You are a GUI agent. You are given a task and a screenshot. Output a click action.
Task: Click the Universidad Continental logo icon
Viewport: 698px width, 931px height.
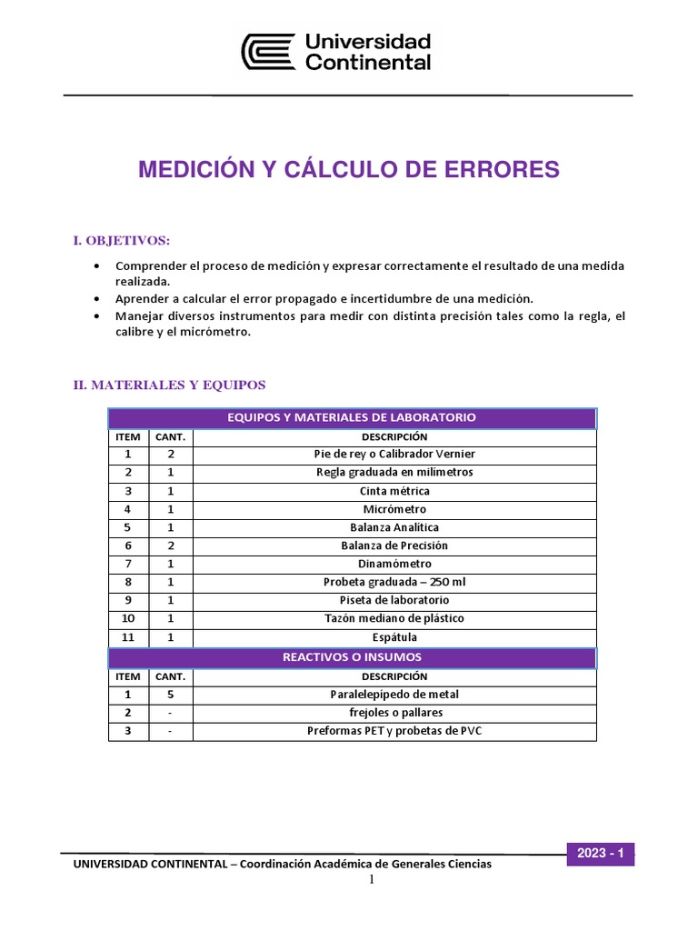pos(268,52)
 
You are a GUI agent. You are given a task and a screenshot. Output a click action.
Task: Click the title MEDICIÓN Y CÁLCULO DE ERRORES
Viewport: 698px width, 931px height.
pos(349,170)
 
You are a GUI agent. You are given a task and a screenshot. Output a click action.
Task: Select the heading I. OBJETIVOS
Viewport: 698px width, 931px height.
pos(122,240)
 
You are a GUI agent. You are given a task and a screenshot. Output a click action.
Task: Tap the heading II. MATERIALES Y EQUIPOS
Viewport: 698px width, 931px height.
pos(169,385)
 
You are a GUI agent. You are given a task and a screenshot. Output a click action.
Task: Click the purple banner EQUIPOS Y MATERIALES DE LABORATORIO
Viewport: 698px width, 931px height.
pos(352,418)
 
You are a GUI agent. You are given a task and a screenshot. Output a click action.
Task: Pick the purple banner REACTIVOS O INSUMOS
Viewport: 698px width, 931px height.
pos(352,656)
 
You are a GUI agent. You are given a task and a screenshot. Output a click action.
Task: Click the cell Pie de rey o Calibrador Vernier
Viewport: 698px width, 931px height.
pos(394,454)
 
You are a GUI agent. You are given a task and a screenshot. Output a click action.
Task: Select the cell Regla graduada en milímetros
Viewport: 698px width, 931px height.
pos(394,472)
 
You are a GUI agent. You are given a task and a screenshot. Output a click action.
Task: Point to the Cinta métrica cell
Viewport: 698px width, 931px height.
pos(394,491)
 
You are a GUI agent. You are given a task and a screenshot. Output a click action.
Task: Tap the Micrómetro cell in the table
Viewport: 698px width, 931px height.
pos(394,509)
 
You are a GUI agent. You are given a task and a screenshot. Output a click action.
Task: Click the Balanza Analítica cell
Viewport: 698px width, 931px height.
pos(394,527)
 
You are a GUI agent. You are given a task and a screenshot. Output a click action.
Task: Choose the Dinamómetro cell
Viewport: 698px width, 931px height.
pos(394,564)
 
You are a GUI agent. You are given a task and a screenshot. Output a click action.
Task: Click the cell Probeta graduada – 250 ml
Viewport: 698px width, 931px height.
pos(394,582)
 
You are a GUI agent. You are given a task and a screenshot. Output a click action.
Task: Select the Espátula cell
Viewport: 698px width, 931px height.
pos(394,637)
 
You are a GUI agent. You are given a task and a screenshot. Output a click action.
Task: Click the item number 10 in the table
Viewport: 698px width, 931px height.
pos(128,618)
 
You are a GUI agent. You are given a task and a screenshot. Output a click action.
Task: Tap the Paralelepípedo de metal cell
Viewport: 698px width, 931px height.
pos(394,695)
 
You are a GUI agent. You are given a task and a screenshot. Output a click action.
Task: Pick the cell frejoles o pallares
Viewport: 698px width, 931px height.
pos(394,713)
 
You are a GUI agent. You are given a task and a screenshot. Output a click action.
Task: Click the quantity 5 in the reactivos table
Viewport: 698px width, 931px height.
pos(171,695)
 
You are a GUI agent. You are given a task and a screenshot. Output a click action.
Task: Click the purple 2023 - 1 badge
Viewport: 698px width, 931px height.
pos(600,854)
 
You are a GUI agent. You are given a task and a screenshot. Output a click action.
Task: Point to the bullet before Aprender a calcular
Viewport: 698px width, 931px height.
pos(97,298)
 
